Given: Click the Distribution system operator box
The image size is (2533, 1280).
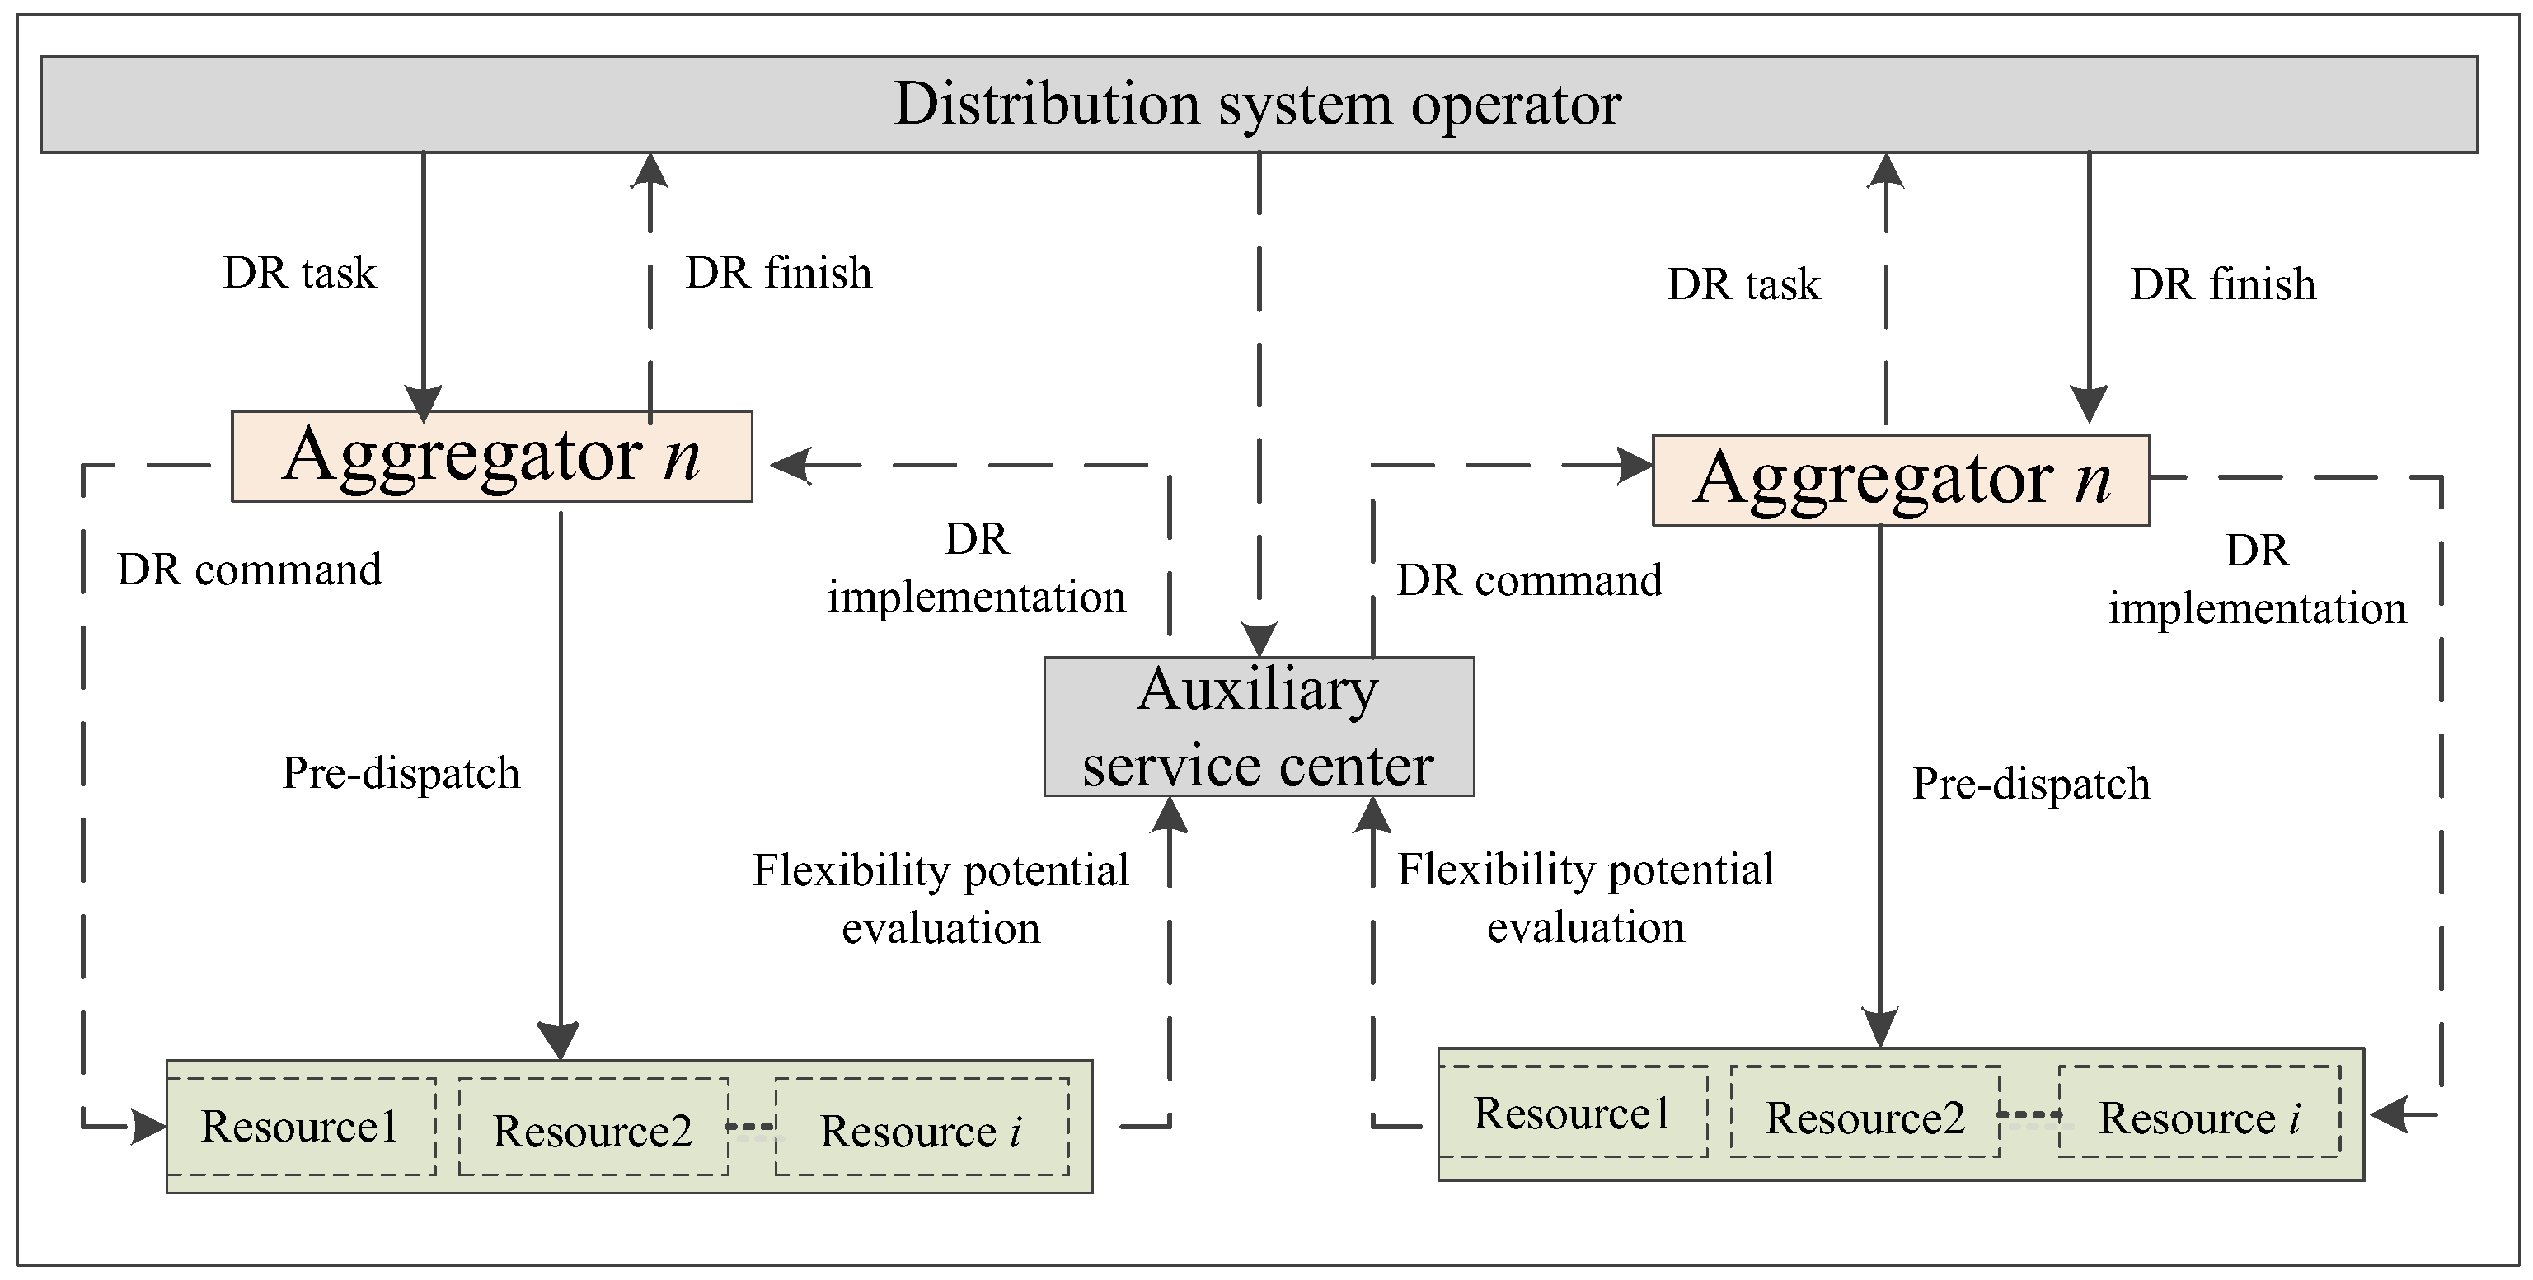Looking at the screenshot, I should click(1259, 104).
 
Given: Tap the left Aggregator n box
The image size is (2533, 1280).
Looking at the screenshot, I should click(491, 456).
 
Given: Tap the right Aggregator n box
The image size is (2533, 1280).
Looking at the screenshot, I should click(1900, 480).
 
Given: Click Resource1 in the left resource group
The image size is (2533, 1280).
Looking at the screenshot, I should click(300, 1127).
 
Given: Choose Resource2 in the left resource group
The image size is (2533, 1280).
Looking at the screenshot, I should click(593, 1128).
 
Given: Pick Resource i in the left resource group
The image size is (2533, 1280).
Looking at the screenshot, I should click(922, 1128).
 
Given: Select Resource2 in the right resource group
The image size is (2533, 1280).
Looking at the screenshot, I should click(1865, 1117).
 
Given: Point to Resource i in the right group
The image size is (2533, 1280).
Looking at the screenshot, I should click(2198, 1117).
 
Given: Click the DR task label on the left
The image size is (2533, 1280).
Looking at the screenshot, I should click(300, 274).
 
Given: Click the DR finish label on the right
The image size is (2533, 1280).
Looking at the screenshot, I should click(2222, 285).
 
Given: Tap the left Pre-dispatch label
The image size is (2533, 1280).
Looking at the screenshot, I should click(401, 773).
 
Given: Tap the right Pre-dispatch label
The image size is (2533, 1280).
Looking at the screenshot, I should click(2030, 785).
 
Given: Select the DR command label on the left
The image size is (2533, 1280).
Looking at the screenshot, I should click(249, 570).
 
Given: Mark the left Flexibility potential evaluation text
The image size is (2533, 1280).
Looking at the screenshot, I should click(940, 898).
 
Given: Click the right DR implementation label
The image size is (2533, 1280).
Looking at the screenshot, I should click(2257, 580).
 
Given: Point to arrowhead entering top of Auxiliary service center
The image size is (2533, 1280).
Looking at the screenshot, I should click(1259, 639).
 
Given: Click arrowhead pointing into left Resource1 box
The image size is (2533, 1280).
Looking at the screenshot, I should click(148, 1126).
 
